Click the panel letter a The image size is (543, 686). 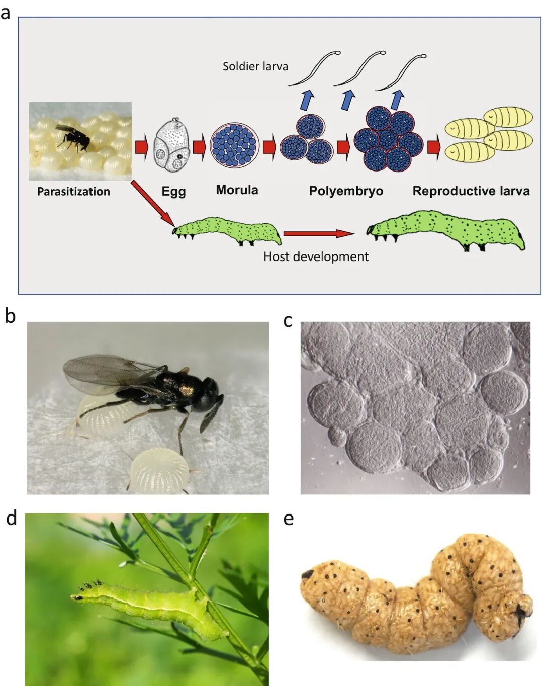[x=6, y=12]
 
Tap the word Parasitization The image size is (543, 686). [x=73, y=192]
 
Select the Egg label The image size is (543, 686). [x=173, y=192]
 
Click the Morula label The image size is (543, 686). [x=237, y=190]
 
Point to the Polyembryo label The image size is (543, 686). [x=346, y=191]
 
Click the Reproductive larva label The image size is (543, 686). [x=471, y=191]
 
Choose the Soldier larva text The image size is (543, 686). [x=255, y=66]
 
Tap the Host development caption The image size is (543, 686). [x=316, y=257]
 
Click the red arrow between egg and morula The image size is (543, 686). [x=200, y=147]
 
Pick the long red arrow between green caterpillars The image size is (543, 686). [x=319, y=233]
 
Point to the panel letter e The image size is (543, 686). [x=288, y=519]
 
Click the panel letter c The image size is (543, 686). [x=288, y=321]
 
